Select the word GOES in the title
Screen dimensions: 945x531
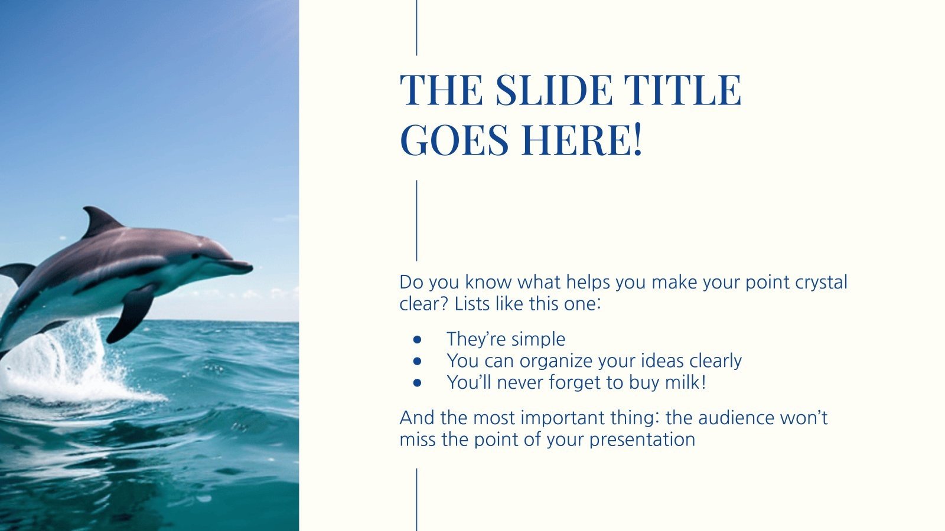(x=454, y=139)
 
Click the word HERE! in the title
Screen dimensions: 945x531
(x=581, y=139)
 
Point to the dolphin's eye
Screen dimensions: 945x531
(x=195, y=256)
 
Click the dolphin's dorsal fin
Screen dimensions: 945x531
(x=100, y=221)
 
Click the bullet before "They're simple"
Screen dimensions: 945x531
(x=417, y=340)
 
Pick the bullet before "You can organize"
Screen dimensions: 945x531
(x=417, y=361)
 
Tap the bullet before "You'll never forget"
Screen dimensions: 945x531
(x=417, y=383)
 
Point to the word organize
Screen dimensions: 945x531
(x=556, y=362)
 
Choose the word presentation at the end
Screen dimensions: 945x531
(x=642, y=440)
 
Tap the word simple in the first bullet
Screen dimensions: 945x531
(x=541, y=339)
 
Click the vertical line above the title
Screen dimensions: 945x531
(x=416, y=27)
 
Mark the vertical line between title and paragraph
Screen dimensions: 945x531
(x=416, y=221)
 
